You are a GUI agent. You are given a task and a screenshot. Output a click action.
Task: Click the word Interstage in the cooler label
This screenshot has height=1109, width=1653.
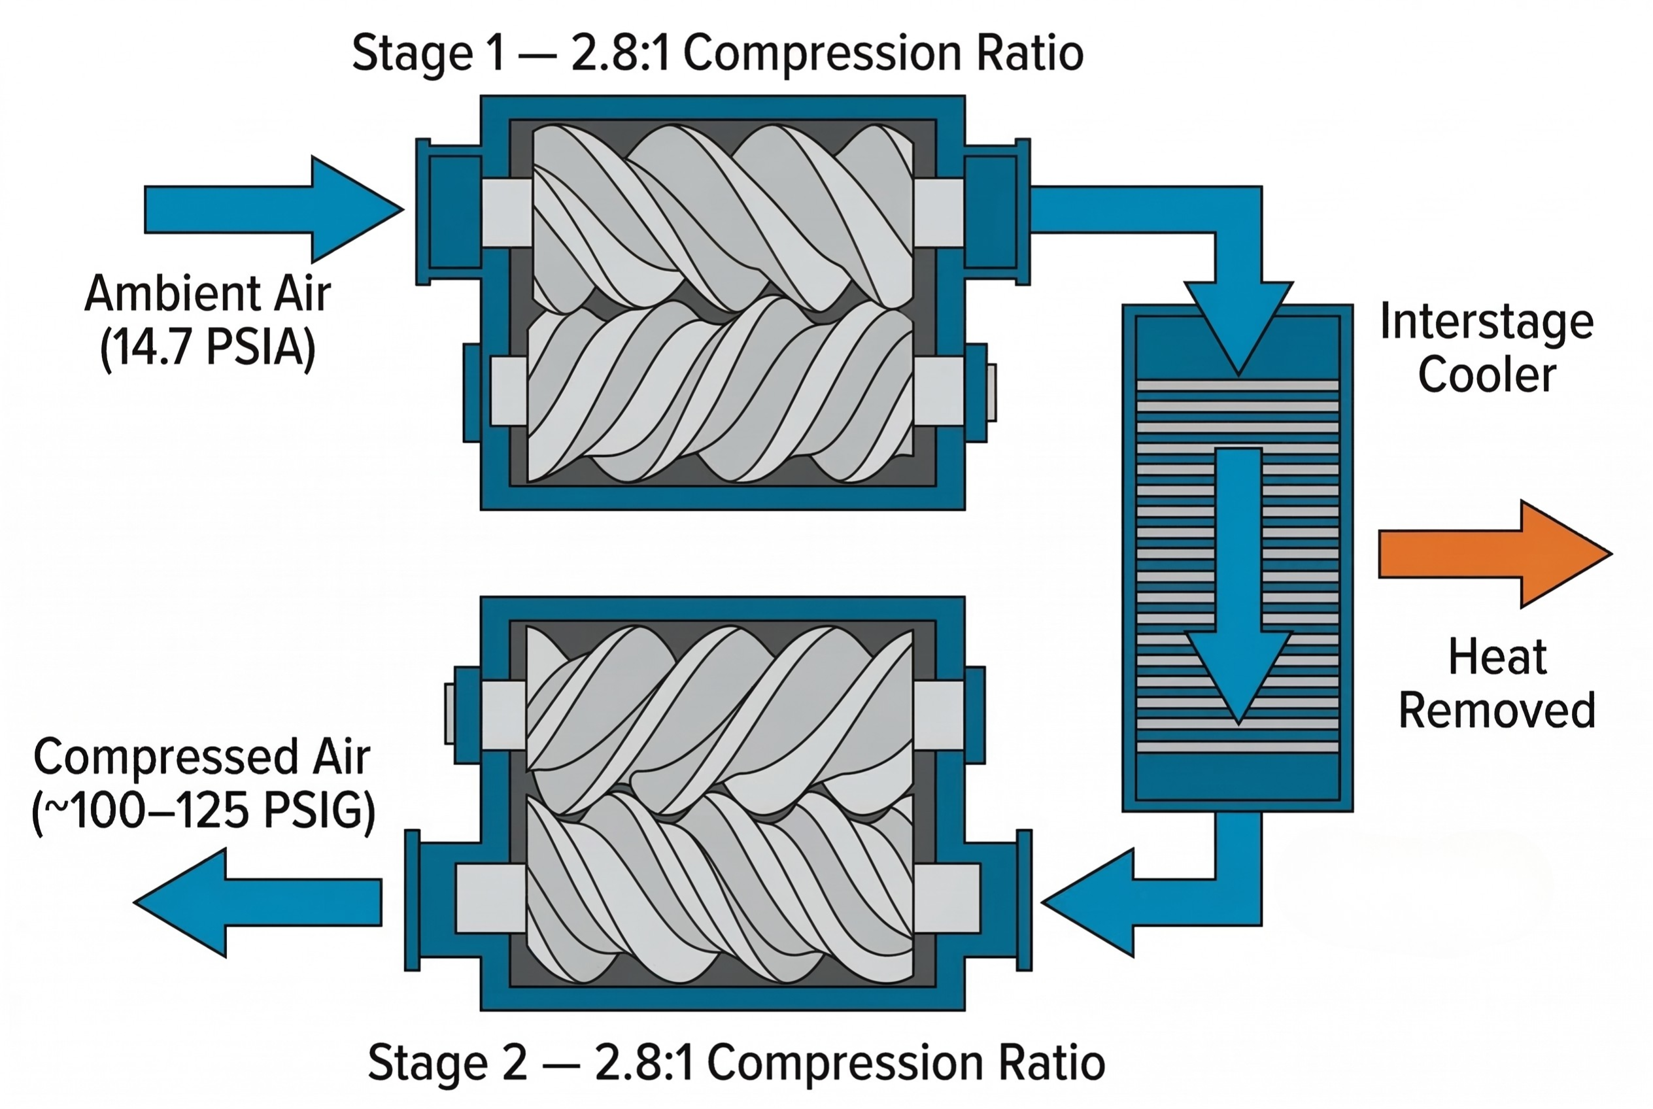(1486, 322)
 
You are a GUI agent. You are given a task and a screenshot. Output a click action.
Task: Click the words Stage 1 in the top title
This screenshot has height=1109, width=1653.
(428, 54)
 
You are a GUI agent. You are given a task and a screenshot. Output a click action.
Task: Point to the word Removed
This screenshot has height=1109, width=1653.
(1497, 711)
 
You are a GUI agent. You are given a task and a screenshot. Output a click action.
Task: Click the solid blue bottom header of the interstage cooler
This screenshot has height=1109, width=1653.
(1237, 776)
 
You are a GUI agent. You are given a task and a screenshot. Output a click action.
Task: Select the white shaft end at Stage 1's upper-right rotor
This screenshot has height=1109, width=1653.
(938, 212)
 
